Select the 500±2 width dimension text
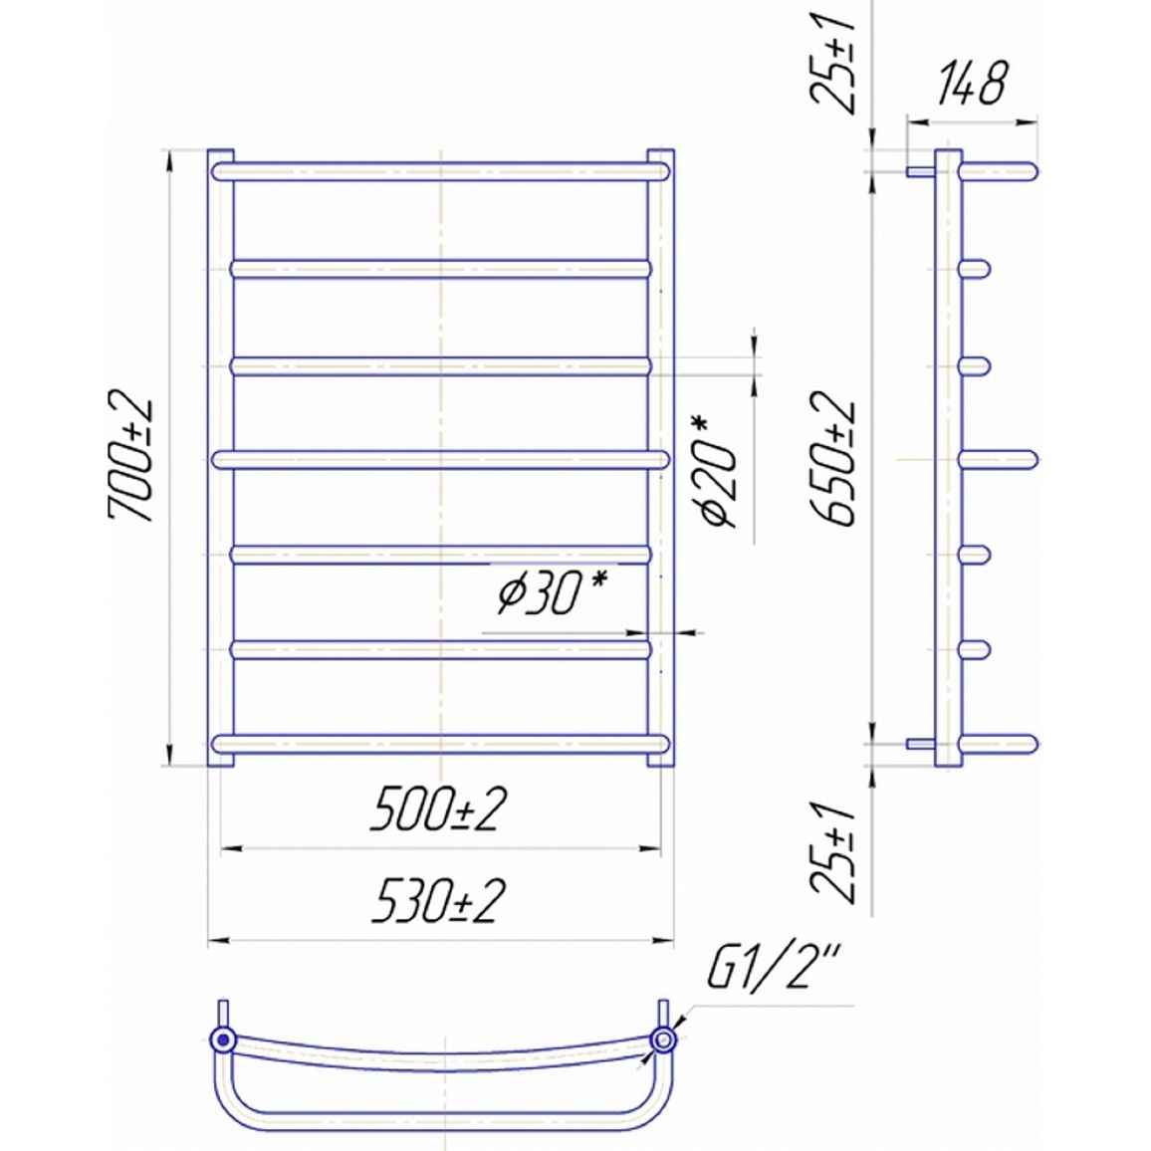pos(438,809)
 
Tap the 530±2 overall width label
pos(438,901)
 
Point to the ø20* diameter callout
pos(714,471)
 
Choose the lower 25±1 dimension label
pos(833,851)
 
